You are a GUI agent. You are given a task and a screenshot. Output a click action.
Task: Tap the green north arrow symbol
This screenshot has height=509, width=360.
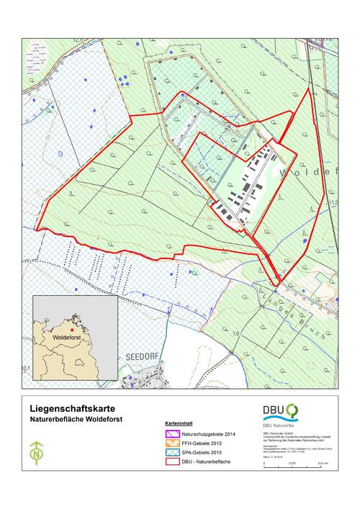pyautogui.click(x=35, y=455)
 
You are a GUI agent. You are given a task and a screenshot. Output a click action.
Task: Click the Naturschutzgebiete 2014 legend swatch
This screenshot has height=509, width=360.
pyautogui.click(x=172, y=434)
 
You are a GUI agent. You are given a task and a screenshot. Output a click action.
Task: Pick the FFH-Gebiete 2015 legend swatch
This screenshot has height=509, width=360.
pyautogui.click(x=172, y=443)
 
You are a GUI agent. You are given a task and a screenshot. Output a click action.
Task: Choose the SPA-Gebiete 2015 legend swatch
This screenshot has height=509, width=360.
pyautogui.click(x=172, y=451)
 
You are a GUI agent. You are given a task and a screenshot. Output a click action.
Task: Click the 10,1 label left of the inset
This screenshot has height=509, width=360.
pyautogui.click(x=26, y=368)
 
